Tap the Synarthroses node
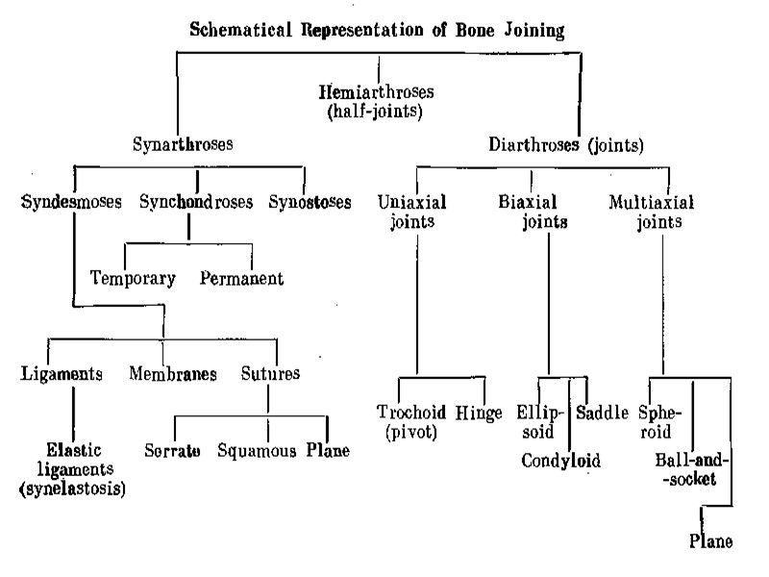pos(184,146)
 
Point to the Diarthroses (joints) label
pos(565,146)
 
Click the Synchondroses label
pos(196,203)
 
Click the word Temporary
pos(133,279)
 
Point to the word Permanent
pos(242,279)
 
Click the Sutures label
pos(270,373)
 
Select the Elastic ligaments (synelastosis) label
pos(72,469)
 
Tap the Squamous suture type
pos(257,450)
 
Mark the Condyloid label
pos(561,461)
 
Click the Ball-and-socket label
pos(691,468)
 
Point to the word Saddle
pos(603,413)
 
